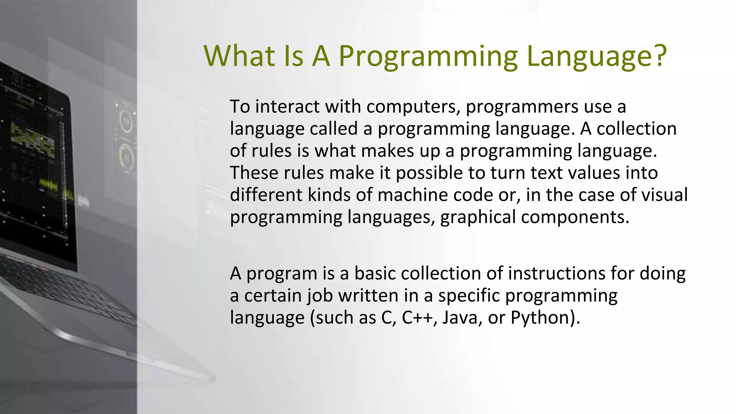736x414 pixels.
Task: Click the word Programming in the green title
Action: [428, 57]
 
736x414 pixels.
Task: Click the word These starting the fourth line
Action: [254, 173]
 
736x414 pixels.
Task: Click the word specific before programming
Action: [469, 296]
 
